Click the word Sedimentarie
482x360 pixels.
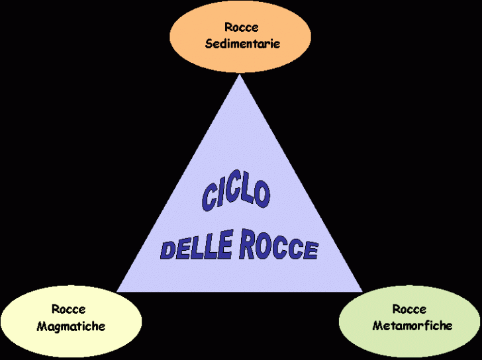click(x=242, y=44)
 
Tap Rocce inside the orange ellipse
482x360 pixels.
click(x=241, y=28)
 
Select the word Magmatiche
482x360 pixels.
click(x=71, y=326)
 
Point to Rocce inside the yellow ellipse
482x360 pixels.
click(x=68, y=309)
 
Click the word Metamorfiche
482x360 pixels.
click(x=412, y=325)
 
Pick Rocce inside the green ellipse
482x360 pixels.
click(x=409, y=309)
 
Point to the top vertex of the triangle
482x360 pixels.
click(x=240, y=75)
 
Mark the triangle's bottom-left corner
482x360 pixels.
click(x=118, y=291)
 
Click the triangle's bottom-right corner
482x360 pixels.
click(x=362, y=291)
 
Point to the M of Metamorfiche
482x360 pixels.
click(x=377, y=325)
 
